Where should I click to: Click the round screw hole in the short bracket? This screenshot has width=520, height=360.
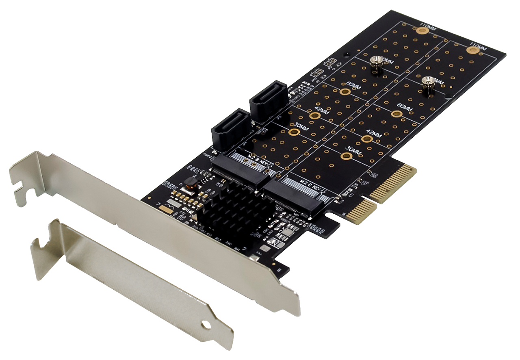[x=207, y=325]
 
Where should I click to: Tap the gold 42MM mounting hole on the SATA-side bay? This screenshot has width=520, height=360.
[x=313, y=115]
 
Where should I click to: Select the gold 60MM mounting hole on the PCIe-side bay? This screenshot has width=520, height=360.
[x=394, y=114]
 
